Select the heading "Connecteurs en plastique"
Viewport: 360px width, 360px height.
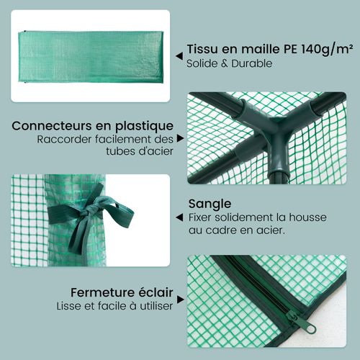(x=92, y=126)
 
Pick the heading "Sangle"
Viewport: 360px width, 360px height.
(x=210, y=203)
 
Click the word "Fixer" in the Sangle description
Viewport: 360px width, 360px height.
(x=202, y=217)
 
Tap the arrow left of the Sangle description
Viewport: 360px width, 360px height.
(x=178, y=217)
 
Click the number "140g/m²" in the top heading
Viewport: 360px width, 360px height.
(x=314, y=49)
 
